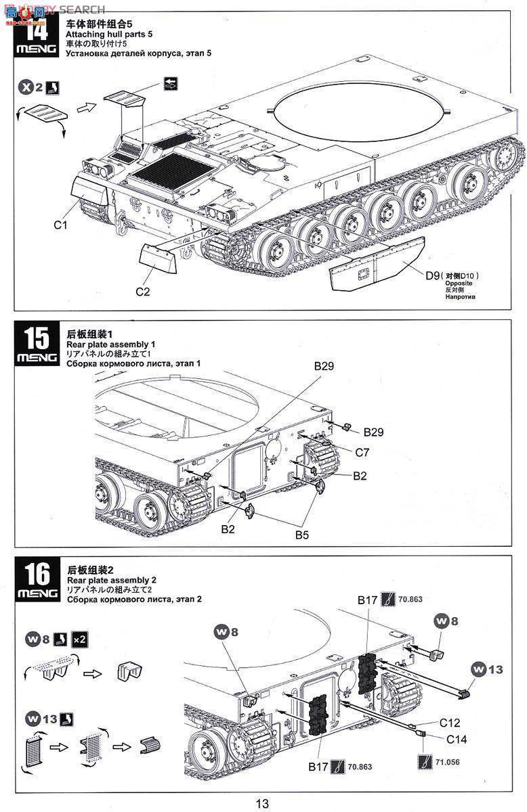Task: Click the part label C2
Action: pos(142,292)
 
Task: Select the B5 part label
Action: pos(303,534)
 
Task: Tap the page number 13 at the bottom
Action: pos(263,803)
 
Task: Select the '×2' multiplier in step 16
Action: pos(79,639)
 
